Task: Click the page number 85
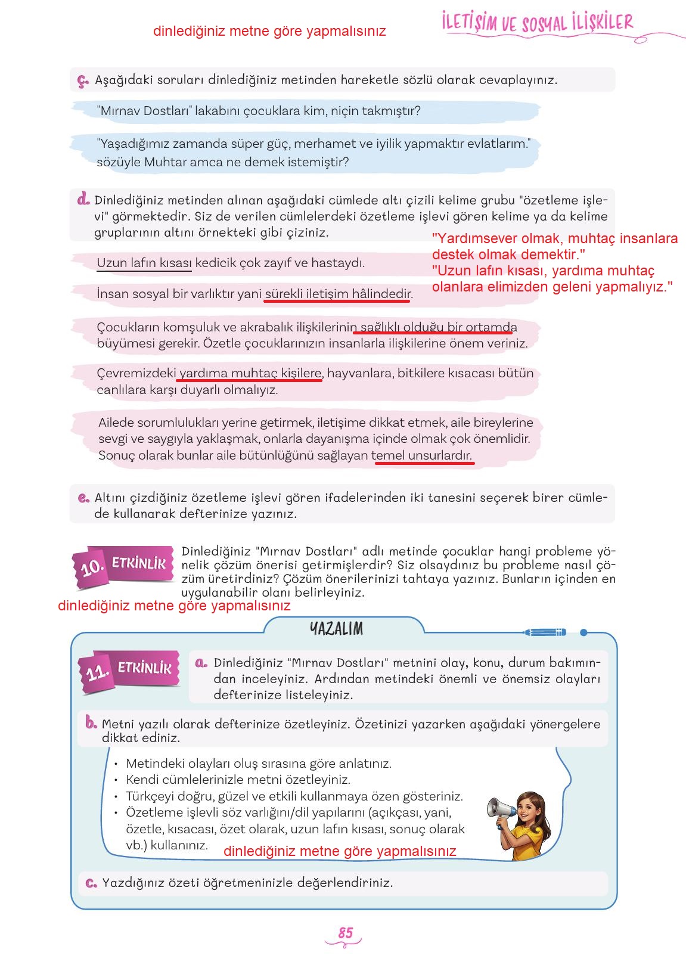[x=346, y=933]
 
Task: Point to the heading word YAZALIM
[x=337, y=629]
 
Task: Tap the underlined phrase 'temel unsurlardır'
[x=422, y=456]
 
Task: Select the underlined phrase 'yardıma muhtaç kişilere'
[x=250, y=374]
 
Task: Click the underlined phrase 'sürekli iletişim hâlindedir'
[x=338, y=294]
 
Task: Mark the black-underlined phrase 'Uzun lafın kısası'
[x=144, y=263]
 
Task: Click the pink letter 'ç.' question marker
[x=83, y=80]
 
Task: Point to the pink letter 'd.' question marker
[x=83, y=200]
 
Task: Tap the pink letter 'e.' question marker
[x=83, y=498]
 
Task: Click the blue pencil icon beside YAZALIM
[x=545, y=632]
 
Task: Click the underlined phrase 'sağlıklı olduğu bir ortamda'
[x=438, y=327]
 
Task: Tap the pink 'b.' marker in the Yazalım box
[x=91, y=724]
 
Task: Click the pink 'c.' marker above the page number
[x=91, y=883]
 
